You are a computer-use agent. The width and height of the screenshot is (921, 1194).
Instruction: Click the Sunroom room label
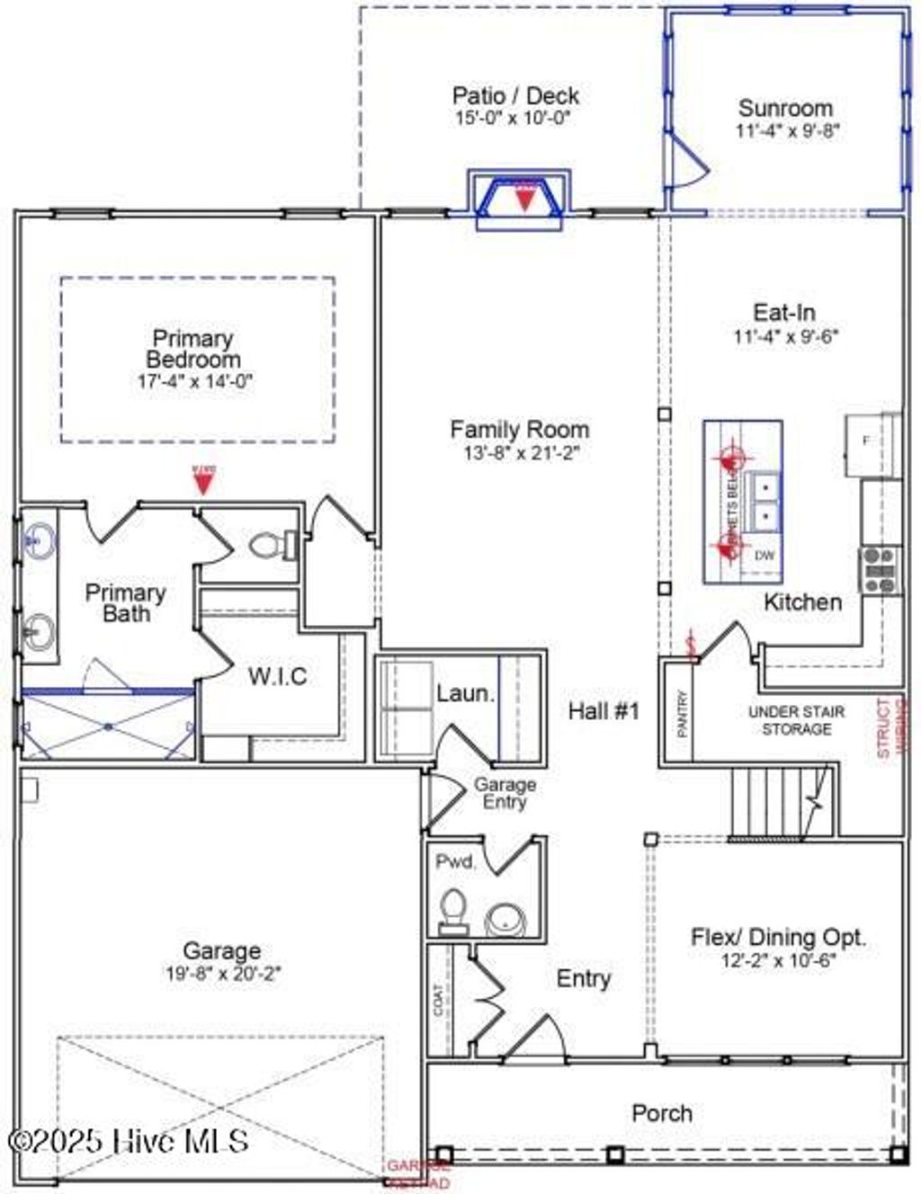pos(785,108)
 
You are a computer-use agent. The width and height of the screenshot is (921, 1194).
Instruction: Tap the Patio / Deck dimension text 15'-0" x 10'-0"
pos(514,118)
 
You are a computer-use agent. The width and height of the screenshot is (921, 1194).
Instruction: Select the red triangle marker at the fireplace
pos(523,199)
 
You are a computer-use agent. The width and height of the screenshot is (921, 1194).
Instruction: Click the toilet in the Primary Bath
pos(271,545)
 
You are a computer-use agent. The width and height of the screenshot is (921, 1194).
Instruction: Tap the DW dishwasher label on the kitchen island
pos(764,556)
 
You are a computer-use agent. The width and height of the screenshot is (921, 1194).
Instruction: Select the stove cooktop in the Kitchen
pos(881,570)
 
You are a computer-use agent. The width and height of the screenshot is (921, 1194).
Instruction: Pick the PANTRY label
pos(682,713)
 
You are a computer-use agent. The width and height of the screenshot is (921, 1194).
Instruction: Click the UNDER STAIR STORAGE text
pos(796,720)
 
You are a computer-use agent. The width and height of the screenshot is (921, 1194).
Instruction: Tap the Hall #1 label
pos(604,711)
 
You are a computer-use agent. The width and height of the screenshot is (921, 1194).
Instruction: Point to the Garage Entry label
pos(505,793)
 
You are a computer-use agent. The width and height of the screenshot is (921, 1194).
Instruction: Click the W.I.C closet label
pos(277,676)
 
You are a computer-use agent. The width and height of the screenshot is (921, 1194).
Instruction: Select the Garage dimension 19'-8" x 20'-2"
pos(221,973)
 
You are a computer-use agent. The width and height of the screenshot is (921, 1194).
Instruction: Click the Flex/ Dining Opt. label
pos(779,937)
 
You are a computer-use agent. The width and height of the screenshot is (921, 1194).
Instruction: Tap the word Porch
pos(662,1113)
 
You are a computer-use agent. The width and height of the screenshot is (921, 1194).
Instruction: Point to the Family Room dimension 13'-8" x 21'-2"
pos(520,453)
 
